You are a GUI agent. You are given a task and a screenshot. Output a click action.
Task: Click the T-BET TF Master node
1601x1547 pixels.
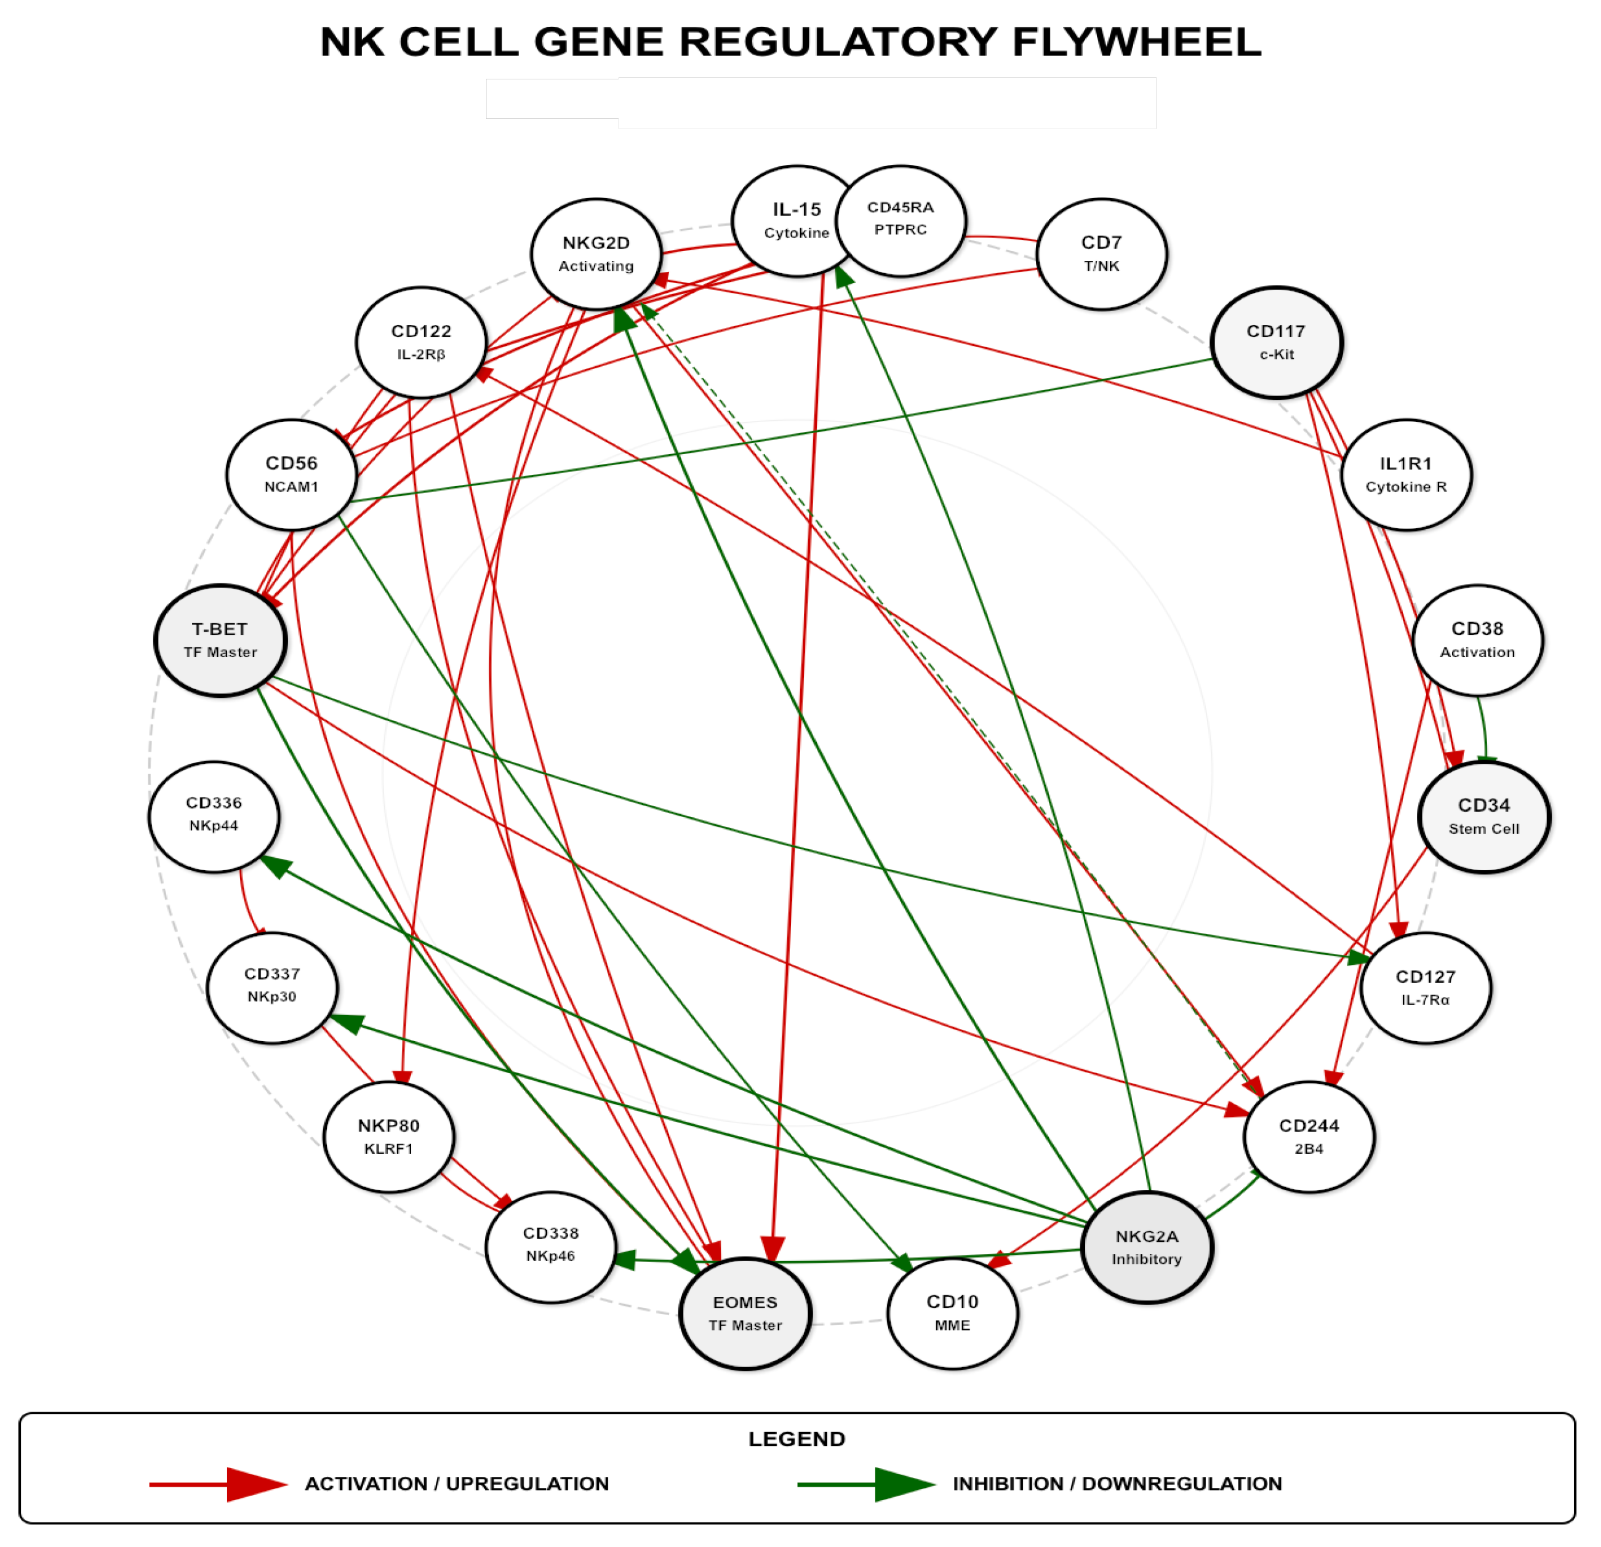pyautogui.click(x=220, y=641)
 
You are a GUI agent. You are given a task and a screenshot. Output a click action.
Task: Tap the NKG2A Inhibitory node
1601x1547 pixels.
pyautogui.click(x=1147, y=1248)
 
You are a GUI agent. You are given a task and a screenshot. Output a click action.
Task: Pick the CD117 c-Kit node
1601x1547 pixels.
pyautogui.click(x=1277, y=343)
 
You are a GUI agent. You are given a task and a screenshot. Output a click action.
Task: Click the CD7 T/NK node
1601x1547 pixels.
pyautogui.click(x=1102, y=254)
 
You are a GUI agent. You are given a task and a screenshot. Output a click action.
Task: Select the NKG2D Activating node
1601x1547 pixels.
pyautogui.click(x=596, y=254)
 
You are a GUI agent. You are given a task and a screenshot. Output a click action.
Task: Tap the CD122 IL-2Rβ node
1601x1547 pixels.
pyautogui.click(x=422, y=343)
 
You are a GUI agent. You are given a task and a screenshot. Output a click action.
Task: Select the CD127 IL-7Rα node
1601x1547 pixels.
pyautogui.click(x=1426, y=988)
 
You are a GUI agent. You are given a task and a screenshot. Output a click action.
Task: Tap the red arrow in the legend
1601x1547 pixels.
pyautogui.click(x=219, y=1484)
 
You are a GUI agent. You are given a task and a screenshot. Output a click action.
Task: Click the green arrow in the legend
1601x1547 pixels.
pyautogui.click(x=867, y=1484)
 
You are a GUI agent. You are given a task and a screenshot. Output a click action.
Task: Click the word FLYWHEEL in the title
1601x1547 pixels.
pyautogui.click(x=1137, y=42)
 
